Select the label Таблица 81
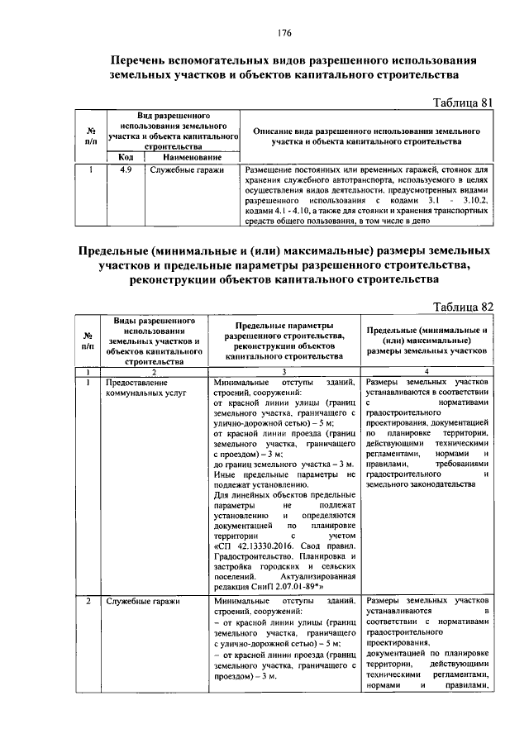462,102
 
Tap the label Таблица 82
463,307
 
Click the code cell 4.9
126,169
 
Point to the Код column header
126,157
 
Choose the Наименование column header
192,157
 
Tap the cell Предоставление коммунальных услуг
137,389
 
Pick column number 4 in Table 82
426,373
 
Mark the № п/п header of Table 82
87,340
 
